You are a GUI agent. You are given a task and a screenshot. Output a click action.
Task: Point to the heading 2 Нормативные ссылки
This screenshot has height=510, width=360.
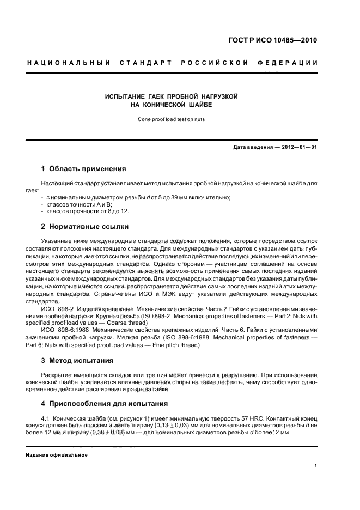(x=86, y=226)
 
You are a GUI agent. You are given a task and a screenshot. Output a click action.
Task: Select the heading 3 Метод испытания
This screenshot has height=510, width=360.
(x=77, y=360)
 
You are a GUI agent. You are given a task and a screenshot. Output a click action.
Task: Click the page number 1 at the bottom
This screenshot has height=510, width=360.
(x=315, y=465)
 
